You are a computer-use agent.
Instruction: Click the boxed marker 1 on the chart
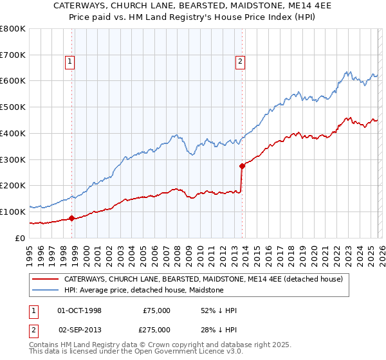coord(69,62)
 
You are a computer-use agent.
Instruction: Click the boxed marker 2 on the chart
coord(240,62)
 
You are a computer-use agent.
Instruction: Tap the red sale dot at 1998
coord(71,218)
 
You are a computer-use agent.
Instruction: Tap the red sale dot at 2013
coord(242,166)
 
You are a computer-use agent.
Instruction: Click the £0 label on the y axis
coord(21,238)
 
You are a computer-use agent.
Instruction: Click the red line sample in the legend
coord(45,280)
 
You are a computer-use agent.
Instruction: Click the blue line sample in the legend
coord(45,291)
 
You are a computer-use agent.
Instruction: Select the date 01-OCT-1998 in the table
coord(80,310)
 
